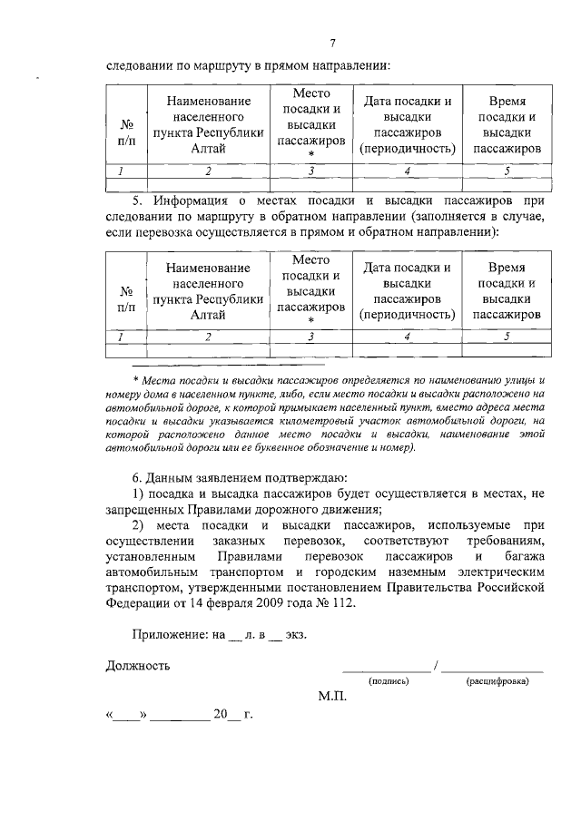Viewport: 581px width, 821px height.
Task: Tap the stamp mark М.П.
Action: (x=332, y=698)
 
